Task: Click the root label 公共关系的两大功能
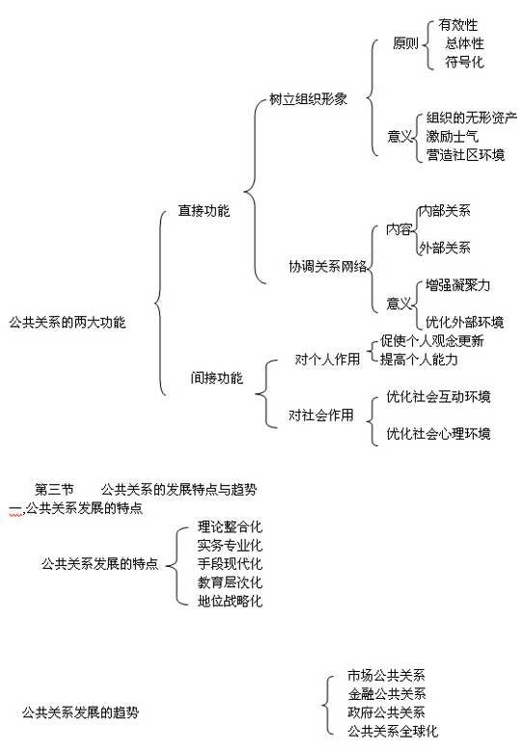68,322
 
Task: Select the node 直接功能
204,211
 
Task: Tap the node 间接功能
217,378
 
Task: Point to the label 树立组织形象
308,99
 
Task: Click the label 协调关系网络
328,266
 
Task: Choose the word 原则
405,43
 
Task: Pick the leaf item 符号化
464,62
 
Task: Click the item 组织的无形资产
472,118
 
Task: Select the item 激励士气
452,136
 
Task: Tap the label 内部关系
445,211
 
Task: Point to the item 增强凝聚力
457,285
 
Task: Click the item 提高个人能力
419,360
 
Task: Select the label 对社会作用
321,415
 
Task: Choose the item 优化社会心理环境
439,434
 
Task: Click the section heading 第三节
54,490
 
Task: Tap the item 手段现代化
230,564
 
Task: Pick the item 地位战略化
230,601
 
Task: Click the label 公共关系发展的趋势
80,712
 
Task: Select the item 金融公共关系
387,694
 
